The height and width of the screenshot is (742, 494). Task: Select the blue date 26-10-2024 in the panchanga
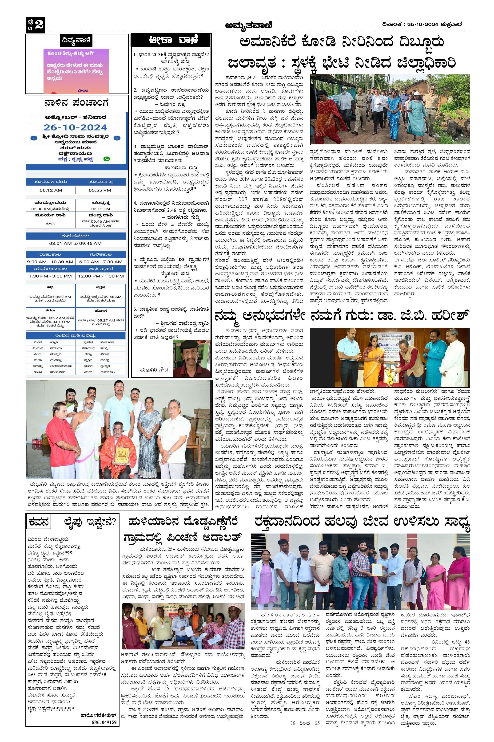pyautogui.click(x=75, y=127)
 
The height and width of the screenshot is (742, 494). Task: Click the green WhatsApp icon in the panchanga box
pyautogui.click(x=107, y=159)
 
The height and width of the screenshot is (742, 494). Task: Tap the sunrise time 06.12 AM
pyautogui.click(x=51, y=190)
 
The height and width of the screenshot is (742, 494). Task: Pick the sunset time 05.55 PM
pyautogui.click(x=100, y=190)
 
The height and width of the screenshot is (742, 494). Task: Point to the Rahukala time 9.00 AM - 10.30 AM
pyautogui.click(x=50, y=261)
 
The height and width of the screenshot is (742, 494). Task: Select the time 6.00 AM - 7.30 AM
pyautogui.click(x=101, y=261)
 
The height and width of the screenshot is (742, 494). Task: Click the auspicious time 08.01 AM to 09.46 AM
pyautogui.click(x=75, y=243)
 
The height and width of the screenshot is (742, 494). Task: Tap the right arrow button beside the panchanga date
pyautogui.click(x=117, y=138)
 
